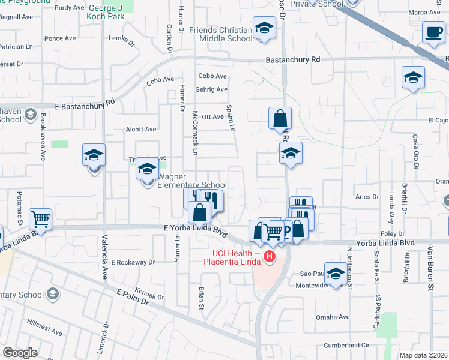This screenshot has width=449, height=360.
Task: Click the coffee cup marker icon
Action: click(433, 32)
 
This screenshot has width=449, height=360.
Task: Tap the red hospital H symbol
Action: click(270, 257)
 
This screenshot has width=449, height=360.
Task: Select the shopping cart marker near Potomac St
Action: click(41, 220)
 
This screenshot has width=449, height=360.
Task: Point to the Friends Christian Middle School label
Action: click(220, 34)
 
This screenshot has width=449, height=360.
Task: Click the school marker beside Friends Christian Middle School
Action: click(264, 29)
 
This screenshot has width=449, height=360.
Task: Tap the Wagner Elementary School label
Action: click(191, 181)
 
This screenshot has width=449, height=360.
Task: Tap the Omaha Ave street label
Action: click(336, 317)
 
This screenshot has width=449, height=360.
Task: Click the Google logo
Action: click(20, 353)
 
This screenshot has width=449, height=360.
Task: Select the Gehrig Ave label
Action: click(212, 89)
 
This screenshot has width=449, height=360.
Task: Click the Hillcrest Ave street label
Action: click(44, 327)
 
